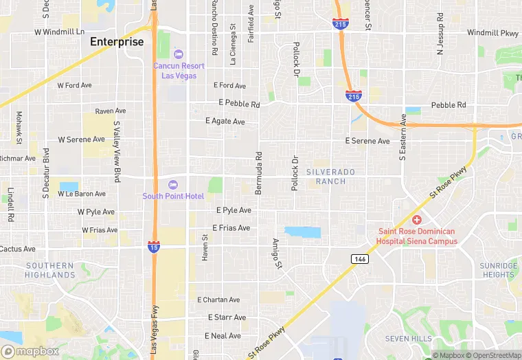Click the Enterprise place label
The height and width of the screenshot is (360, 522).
(x=117, y=42)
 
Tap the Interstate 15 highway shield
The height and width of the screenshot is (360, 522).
(x=154, y=245)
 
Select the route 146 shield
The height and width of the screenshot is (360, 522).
(x=360, y=259)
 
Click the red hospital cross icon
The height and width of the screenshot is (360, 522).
(x=417, y=220)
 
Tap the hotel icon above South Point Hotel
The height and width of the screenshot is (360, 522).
(x=173, y=184)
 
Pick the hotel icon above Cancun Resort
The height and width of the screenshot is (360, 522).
(x=179, y=54)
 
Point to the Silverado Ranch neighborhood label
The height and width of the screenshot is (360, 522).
(x=330, y=176)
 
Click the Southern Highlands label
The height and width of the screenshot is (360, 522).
(x=49, y=270)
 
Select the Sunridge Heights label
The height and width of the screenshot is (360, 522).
(x=499, y=270)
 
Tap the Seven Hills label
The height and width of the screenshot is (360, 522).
(x=408, y=339)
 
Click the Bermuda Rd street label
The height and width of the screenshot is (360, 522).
(x=259, y=172)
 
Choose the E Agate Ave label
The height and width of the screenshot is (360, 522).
(x=225, y=122)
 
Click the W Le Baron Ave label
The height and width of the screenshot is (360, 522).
(x=82, y=194)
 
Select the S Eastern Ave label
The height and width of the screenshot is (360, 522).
(x=403, y=138)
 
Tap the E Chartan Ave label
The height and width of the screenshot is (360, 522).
(x=218, y=300)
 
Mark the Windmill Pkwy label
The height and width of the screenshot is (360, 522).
(x=492, y=32)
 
